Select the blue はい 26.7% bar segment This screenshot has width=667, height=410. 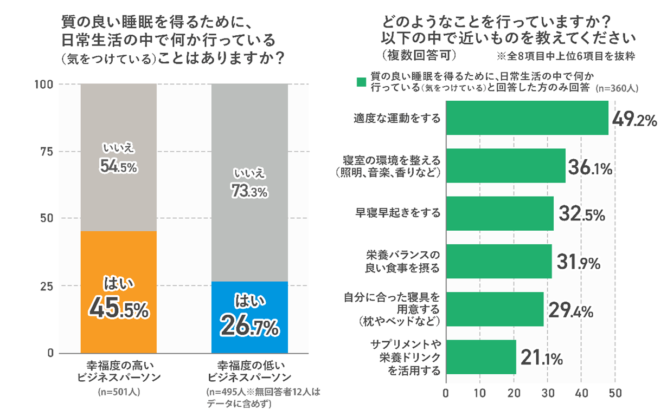[x=249, y=317]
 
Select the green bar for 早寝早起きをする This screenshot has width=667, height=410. [x=499, y=213]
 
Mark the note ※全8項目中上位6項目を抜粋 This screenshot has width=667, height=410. [x=566, y=56]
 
